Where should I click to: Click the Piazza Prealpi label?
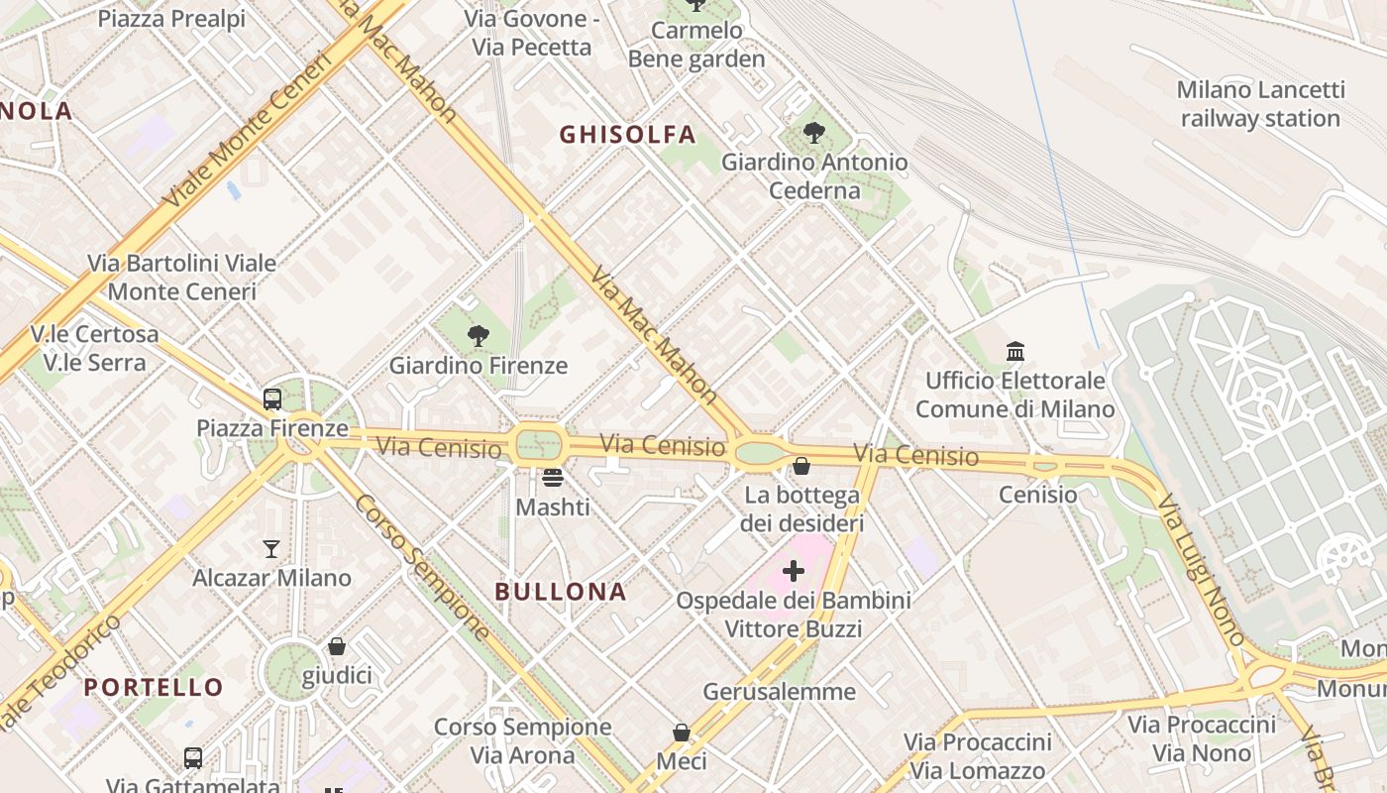point(171,19)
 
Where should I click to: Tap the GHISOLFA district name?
point(627,134)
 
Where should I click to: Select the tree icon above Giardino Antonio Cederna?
point(814,132)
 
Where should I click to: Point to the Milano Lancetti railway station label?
point(1260,104)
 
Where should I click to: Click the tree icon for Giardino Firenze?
point(479,336)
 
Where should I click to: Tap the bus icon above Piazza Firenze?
point(272,399)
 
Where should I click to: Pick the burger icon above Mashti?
point(553,478)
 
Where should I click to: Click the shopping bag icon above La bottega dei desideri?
point(801,465)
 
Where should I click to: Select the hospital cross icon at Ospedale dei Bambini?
point(794,571)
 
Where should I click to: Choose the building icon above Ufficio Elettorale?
point(1015,351)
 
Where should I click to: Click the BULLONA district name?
point(561,592)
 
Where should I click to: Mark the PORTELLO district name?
point(154,687)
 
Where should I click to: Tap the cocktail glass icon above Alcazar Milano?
point(271,548)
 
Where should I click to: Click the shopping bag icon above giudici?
point(337,646)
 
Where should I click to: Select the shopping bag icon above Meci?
point(682,733)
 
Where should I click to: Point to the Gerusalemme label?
point(779,691)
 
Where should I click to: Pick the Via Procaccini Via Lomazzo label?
point(977,756)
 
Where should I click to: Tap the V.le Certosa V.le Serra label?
point(94,348)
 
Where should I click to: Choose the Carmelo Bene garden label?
point(696,45)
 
